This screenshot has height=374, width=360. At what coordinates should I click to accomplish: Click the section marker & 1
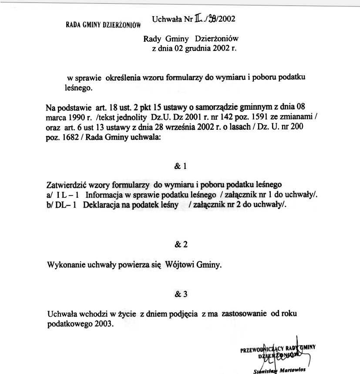180,166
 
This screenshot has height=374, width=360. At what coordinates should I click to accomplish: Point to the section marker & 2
180,244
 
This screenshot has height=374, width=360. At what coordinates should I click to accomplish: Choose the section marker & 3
180,294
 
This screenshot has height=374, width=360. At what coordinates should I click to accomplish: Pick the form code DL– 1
66,205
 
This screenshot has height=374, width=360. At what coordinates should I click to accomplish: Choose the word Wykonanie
67,264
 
